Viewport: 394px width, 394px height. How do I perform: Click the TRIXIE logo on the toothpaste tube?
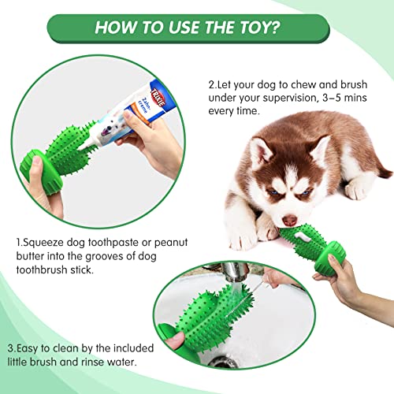[x=158, y=98]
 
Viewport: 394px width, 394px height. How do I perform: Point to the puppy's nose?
[x=290, y=220]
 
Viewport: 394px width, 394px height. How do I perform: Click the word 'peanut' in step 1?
[x=171, y=243]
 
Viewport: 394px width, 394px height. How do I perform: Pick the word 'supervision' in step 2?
[x=291, y=98]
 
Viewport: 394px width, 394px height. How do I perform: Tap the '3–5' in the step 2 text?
[x=332, y=98]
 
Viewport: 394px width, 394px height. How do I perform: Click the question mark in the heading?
[x=274, y=28]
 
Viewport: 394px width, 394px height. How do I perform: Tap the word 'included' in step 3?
[x=133, y=348]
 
